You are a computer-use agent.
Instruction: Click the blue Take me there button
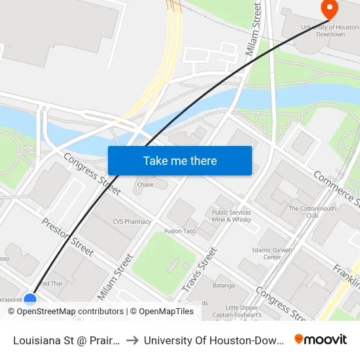point(180,160)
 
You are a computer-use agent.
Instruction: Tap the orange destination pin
point(329,9)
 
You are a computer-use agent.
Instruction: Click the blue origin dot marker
point(30,299)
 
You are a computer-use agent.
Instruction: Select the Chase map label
point(145,185)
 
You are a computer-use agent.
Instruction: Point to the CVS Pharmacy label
point(132,222)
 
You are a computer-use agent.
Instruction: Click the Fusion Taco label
point(181,231)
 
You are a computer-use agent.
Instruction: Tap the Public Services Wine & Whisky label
point(232,216)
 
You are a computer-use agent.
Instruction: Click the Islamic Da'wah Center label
point(267,253)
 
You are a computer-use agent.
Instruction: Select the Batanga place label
point(223,285)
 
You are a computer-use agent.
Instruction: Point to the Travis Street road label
point(199,270)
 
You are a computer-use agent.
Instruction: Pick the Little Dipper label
point(242,308)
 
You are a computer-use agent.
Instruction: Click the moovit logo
point(320,339)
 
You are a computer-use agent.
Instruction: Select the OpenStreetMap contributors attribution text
point(70,312)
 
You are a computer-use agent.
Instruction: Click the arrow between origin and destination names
point(133,340)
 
